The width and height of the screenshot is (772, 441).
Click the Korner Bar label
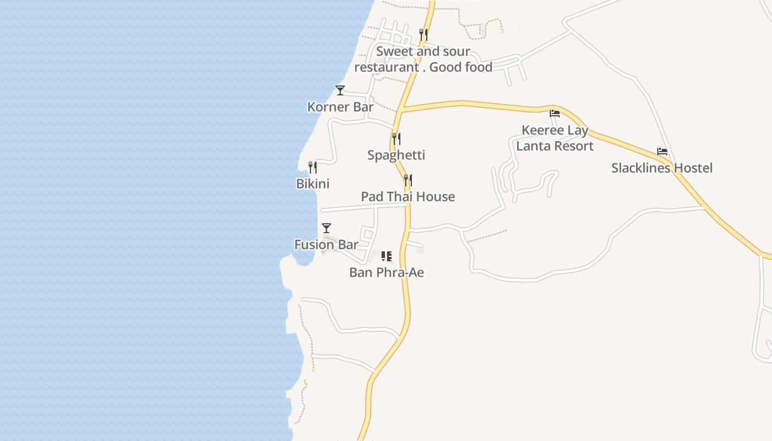click(340, 107)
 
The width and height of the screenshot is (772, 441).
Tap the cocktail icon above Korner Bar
click(340, 90)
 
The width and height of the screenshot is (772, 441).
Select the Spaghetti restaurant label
click(396, 155)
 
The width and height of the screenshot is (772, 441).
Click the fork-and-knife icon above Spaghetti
click(396, 138)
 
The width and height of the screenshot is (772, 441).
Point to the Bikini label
click(313, 184)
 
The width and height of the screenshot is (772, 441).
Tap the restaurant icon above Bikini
click(313, 167)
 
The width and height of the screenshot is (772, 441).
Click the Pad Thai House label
click(408, 197)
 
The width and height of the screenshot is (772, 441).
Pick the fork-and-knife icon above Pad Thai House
click(408, 180)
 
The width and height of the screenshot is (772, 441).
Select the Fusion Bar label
click(326, 245)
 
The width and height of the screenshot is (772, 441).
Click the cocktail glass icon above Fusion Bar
click(326, 228)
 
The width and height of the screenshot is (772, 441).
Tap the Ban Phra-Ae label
click(387, 272)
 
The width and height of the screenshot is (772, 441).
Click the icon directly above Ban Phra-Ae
click(387, 256)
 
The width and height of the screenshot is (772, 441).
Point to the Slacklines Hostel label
click(662, 168)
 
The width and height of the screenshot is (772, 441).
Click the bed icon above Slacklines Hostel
click(662, 152)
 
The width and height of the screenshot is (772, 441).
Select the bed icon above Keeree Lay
click(555, 114)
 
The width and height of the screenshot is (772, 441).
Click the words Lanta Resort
click(555, 146)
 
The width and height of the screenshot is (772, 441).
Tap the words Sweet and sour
click(423, 52)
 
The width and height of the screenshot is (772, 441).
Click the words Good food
click(461, 67)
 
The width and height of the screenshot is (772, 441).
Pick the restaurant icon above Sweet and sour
click(423, 34)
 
